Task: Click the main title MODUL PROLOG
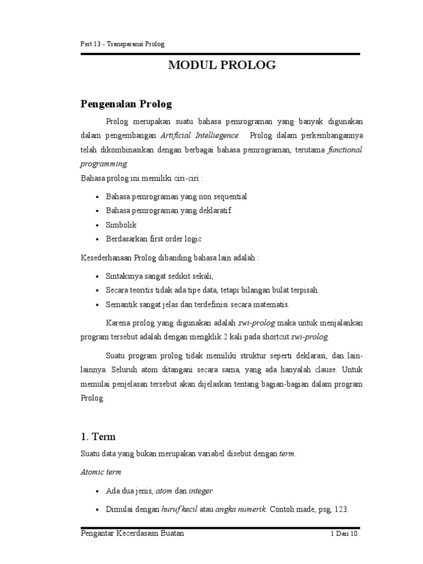pos(222,66)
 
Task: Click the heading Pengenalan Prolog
pos(127,104)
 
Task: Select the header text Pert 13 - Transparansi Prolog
pos(123,44)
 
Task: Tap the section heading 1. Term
pos(98,437)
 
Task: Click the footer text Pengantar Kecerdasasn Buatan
pos(132,534)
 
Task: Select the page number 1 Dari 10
pos(344,534)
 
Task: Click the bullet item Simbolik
pos(121,225)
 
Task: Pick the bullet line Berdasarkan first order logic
pos(154,239)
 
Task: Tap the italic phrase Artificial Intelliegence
pos(200,135)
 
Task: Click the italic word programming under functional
pos(104,164)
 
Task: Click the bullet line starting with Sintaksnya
pos(160,275)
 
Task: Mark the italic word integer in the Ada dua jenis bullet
pos(200,490)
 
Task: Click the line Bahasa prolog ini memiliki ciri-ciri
pos(142,178)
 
